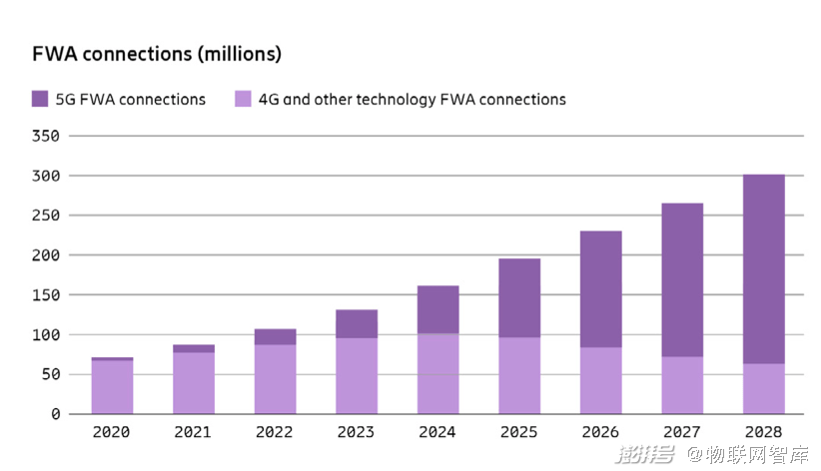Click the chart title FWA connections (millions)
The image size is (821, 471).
157,54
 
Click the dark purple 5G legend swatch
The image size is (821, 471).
40,99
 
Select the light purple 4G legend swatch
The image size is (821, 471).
243,99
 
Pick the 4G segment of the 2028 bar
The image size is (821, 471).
763,389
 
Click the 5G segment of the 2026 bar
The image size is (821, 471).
600,289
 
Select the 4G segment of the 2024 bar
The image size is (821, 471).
437,374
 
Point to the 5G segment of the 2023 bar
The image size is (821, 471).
357,324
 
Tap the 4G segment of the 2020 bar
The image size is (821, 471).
112,387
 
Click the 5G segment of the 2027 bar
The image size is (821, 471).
682,280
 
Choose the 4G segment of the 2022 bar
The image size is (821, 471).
275,380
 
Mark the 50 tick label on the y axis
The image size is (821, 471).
50,374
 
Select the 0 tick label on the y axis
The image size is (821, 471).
56,414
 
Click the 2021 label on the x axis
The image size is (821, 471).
193,432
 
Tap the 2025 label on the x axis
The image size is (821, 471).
519,432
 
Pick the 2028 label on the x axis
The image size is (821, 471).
763,432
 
